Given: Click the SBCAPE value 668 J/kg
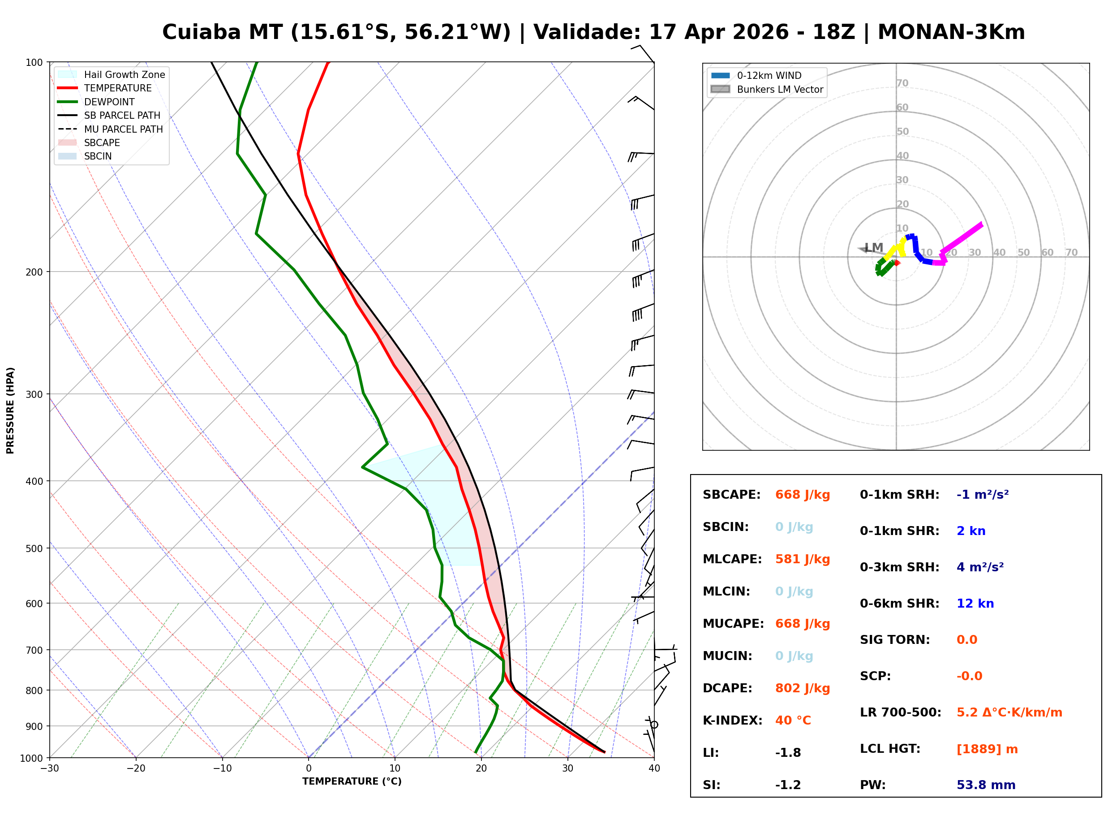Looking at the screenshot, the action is (803, 495).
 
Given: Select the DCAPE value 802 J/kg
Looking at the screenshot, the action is (803, 688).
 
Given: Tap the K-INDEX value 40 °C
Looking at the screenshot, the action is (793, 721).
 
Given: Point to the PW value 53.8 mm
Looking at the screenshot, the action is (986, 785).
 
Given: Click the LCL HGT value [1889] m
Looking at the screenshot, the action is (987, 749).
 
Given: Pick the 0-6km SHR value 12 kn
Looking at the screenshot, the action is (975, 604).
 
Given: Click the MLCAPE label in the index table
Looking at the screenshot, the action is (732, 559).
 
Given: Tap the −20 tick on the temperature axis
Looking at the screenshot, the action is (135, 768).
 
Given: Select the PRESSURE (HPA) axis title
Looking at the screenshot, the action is (10, 410).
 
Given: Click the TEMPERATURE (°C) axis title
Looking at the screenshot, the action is (352, 782).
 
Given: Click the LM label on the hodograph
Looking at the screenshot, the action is (873, 248).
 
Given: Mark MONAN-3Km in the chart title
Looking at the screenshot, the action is (951, 32).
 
